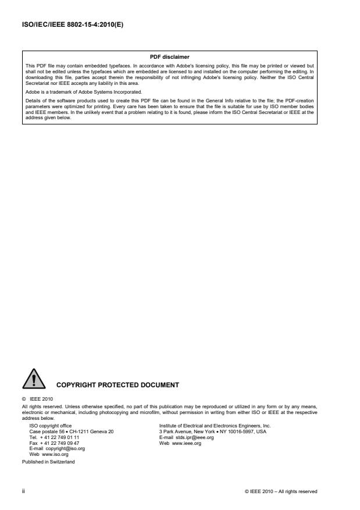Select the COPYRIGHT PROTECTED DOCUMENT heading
[117, 384]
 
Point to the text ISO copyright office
[51, 426]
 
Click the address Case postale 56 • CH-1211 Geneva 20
[72, 431]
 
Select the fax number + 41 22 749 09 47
[60, 443]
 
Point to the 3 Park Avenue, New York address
[213, 431]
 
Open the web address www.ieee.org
[186, 443]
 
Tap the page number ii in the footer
[23, 491]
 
